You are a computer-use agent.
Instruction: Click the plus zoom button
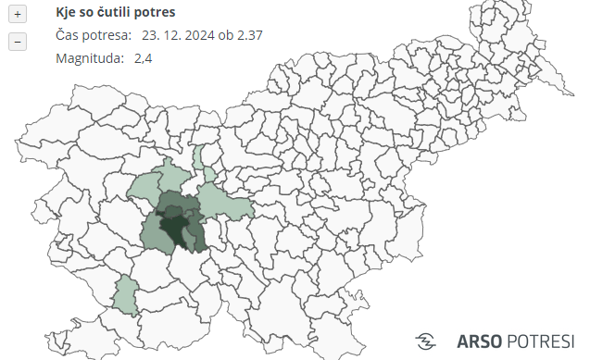coord(18,15)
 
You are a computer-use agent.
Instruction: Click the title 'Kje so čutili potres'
coord(116,13)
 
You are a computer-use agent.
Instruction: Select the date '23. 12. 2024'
coord(179,35)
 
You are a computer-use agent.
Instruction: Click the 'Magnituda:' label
coord(90,57)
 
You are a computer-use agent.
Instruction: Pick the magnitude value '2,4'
coord(143,57)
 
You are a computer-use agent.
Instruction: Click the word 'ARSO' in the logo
coord(479,340)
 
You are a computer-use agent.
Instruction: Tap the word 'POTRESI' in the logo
coord(542,340)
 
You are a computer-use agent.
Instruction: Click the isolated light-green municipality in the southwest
coord(124,294)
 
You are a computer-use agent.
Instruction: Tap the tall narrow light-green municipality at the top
coord(198,157)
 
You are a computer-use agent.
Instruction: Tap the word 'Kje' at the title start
coord(67,13)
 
